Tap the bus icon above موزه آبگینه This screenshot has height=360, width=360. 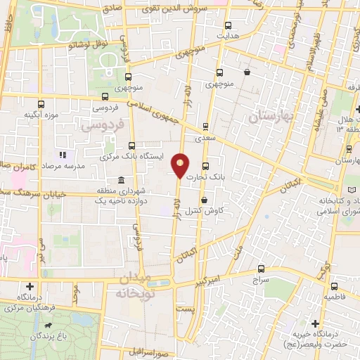coord(41,103)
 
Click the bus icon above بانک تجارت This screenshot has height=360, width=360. coord(205,167)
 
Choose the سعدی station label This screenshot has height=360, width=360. coord(205,139)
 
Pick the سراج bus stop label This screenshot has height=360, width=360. coord(261,279)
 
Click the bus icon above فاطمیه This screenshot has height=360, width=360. coord(335,286)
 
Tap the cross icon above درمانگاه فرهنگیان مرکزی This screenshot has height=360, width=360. coord(30,286)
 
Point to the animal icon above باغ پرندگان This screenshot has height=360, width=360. coord(47,326)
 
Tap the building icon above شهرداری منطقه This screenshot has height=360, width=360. coord(122,180)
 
